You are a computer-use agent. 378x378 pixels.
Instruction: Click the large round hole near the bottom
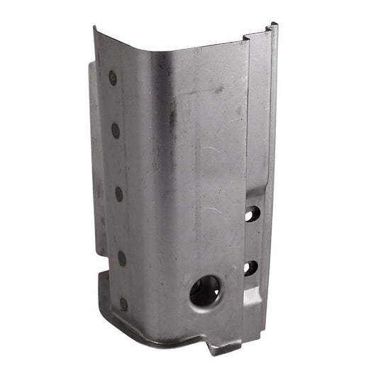click(205, 291)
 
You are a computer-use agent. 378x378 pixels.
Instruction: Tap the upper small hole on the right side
click(252, 213)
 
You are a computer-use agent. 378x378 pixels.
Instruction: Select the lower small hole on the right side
click(251, 268)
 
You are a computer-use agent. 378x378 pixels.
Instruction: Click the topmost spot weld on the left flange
click(113, 78)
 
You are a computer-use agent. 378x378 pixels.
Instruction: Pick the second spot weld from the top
click(116, 130)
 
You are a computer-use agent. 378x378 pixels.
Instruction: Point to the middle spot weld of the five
click(118, 193)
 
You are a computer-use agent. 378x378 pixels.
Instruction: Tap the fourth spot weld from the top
click(121, 257)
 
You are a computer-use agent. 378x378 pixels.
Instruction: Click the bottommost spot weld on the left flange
click(123, 304)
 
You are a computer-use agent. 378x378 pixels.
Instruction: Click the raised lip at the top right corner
click(272, 28)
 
